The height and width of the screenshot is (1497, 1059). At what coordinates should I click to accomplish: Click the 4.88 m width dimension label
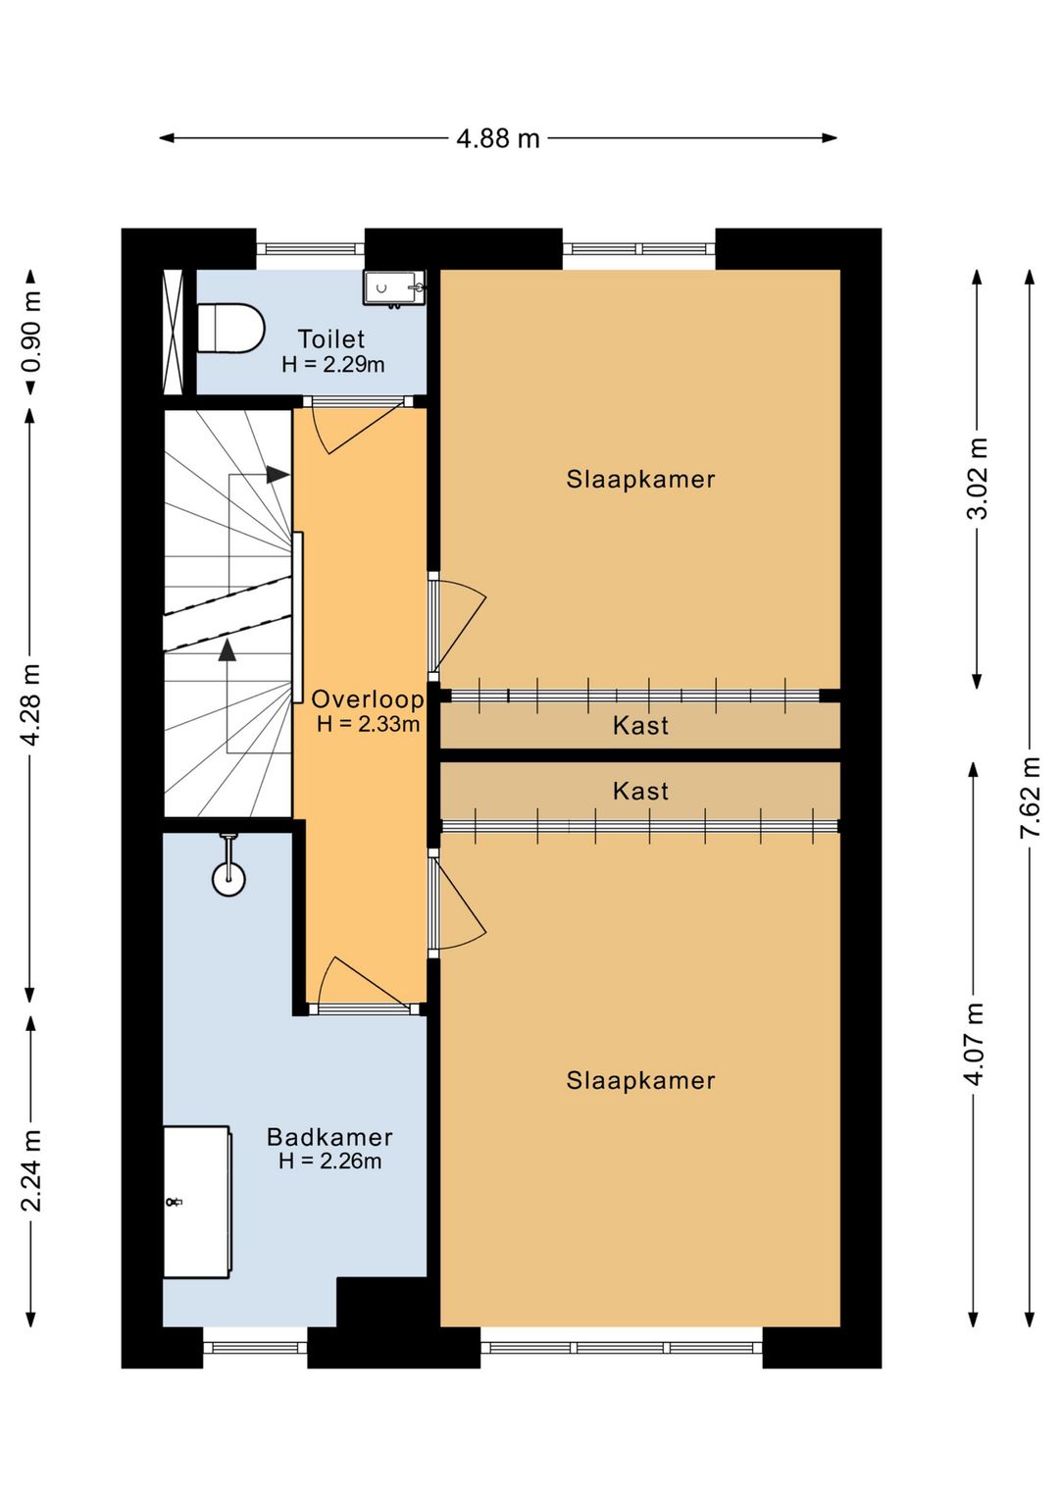498,138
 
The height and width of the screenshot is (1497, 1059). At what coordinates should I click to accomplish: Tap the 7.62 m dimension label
1030,796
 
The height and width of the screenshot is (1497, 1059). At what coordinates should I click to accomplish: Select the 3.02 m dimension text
978,479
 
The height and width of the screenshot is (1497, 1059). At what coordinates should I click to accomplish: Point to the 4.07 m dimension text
975,1045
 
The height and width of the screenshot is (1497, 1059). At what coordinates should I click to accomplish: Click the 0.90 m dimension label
31,332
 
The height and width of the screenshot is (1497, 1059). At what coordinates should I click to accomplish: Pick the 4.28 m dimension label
31,706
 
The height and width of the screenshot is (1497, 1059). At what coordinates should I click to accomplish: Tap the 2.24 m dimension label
31,1171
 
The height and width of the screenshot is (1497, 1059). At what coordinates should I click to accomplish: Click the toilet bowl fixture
231,329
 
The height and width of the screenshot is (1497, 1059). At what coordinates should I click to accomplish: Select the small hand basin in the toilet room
394,288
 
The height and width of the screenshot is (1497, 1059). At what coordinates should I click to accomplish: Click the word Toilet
331,339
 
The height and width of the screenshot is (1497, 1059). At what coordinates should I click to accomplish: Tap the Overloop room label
367,699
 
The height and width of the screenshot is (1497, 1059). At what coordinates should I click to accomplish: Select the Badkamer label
329,1137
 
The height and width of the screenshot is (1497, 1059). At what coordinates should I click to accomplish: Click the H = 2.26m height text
330,1161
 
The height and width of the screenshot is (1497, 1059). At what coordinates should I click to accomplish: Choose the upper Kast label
640,726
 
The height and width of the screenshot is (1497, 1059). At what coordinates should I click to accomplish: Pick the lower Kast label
640,792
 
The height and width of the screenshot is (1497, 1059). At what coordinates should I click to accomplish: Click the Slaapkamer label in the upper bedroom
640,480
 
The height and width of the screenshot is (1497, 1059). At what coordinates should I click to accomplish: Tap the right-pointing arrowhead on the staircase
277,475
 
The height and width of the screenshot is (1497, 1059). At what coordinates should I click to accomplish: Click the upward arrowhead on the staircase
227,649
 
